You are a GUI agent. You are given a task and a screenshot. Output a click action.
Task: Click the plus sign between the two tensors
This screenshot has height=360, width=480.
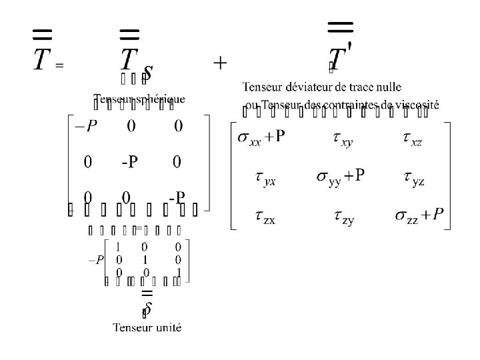click(x=220, y=63)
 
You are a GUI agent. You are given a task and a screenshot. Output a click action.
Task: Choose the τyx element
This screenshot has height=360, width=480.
click(x=265, y=177)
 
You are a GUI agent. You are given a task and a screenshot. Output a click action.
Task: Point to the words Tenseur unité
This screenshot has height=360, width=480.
click(x=147, y=327)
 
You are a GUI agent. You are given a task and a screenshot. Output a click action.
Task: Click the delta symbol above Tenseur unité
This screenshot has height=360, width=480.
click(x=147, y=309)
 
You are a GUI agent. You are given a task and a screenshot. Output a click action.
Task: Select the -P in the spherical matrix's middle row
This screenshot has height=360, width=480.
click(x=130, y=162)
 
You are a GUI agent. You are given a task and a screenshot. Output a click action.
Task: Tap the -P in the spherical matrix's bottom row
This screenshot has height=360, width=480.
click(x=177, y=198)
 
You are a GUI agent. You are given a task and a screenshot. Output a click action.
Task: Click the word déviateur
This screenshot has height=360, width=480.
click(x=306, y=87)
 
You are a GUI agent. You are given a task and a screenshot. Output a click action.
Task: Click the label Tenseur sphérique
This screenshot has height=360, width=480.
click(x=139, y=99)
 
